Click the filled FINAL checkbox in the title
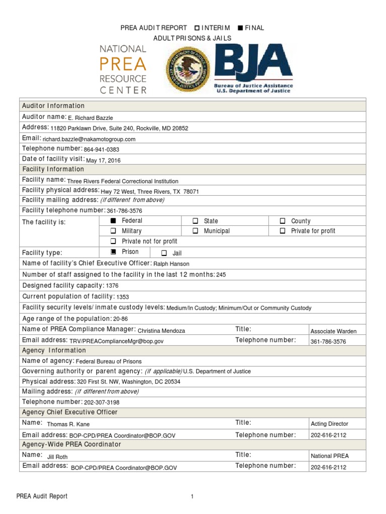[240, 28]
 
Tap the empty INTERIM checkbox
[197, 28]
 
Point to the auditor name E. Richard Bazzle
[90, 118]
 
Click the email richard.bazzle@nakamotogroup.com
[89, 139]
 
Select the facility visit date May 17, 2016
[104, 160]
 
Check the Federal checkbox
[113, 221]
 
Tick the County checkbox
[282, 221]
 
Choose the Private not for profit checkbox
[113, 241]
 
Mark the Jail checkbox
[164, 253]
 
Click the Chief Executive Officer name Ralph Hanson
[171, 264]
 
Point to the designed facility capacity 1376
[112, 286]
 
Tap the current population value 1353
[123, 297]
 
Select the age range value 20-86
[121, 319]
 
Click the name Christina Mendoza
[161, 331]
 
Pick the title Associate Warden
[334, 331]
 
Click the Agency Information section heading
[54, 350]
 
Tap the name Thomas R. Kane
[67, 424]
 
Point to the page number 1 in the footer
[192, 497]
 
